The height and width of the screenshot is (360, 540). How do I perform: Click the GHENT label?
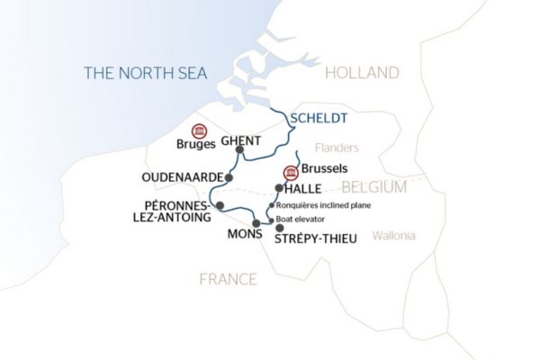click(240, 141)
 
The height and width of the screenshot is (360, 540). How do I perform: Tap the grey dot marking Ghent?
click(239, 151)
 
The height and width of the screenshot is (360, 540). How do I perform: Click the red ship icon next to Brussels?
click(290, 173)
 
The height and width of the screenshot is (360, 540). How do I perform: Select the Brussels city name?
click(325, 169)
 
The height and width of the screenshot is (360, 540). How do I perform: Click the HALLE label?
click(304, 189)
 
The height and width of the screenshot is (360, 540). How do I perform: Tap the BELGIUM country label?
click(373, 187)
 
